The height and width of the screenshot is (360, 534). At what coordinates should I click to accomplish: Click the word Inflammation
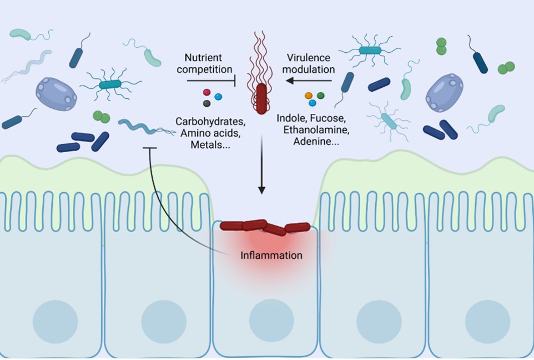[271, 256]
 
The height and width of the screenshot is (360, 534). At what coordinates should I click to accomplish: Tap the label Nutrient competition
[208, 63]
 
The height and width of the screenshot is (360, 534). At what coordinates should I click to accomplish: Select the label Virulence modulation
[311, 63]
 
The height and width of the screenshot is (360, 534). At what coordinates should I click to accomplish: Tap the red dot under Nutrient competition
[207, 92]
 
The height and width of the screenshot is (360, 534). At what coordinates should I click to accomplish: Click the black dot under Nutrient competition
[207, 103]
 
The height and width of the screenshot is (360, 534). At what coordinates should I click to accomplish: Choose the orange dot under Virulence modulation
[309, 96]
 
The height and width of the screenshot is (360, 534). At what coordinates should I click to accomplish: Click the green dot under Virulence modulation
[320, 96]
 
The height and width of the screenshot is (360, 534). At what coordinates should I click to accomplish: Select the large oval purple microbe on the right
[444, 93]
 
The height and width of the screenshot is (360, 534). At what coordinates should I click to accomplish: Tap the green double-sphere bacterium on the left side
[101, 117]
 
